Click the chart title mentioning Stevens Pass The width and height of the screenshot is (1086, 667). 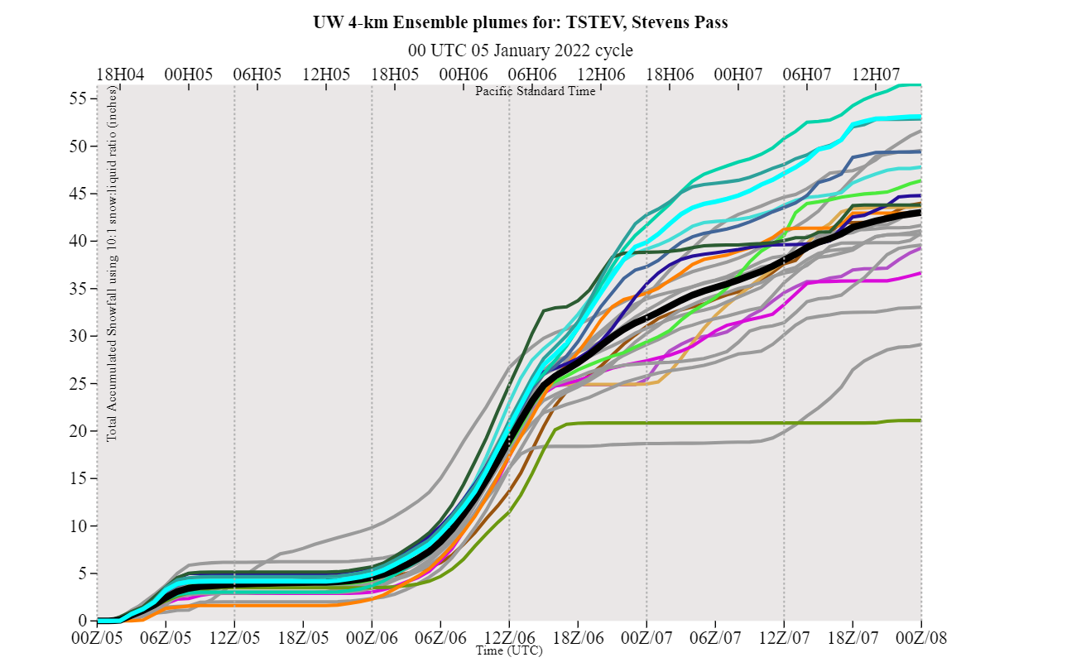point(521,22)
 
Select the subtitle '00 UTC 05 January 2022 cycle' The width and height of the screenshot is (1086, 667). point(521,50)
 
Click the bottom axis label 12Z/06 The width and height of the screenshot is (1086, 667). point(509,637)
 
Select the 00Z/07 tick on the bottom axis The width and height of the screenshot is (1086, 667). point(646,637)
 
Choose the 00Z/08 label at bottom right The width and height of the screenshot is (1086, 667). point(921,637)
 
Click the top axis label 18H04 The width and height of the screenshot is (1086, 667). point(120,73)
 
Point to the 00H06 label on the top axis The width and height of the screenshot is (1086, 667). point(463,73)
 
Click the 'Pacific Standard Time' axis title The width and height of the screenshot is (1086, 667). point(535,91)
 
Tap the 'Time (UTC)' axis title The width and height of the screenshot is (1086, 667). point(509,651)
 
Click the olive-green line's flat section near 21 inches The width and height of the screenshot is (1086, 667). point(704,423)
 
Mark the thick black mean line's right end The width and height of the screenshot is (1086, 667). point(919,213)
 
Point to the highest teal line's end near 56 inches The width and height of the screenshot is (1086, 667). point(919,84)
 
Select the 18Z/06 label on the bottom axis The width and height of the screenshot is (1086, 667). point(578,637)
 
